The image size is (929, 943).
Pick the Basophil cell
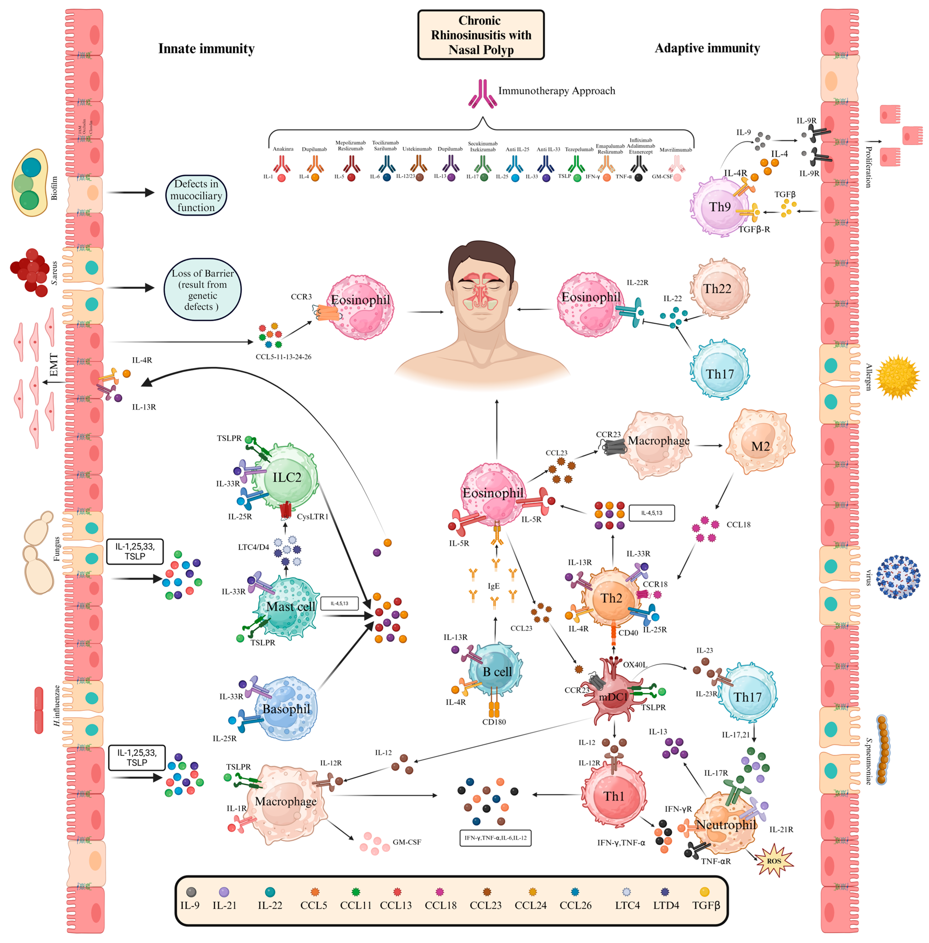[x=286, y=708]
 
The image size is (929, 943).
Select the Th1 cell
[x=614, y=796]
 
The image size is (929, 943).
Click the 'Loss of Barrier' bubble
[x=202, y=289]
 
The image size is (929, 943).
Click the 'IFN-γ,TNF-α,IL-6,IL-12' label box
[x=495, y=838]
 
